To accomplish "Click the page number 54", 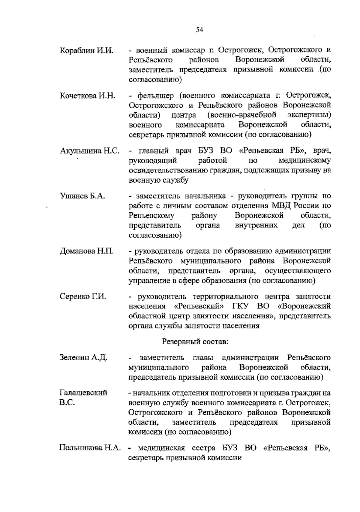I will coord(199,29).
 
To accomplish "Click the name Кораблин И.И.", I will coord(86,50).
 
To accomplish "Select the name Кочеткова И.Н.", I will coord(87,96).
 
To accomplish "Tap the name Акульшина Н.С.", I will coord(90,151).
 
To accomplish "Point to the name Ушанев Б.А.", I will coord(82,196).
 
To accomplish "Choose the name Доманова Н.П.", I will coord(87,251).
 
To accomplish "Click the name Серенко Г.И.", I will coord(83,296).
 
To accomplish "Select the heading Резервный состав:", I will coord(195,341).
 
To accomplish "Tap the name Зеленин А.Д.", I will coord(83,358).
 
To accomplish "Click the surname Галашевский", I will coord(83,393).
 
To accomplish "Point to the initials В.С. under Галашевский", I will coord(67,403).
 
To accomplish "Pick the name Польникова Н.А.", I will coord(90,448).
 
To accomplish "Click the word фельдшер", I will coord(155,96).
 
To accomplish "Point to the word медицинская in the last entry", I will coord(161,448).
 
